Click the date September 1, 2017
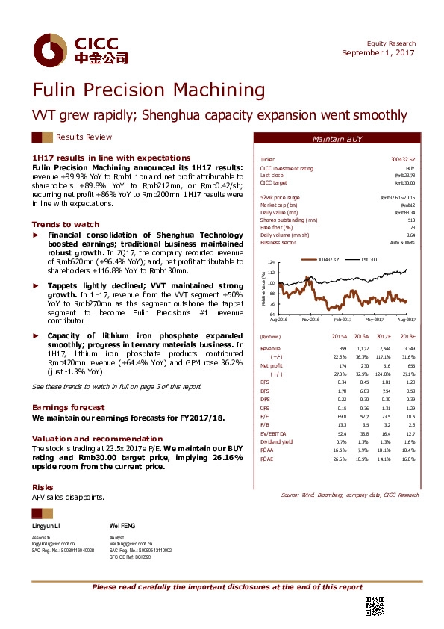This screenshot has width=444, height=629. click(378, 52)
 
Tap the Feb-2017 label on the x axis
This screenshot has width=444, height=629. click(343, 319)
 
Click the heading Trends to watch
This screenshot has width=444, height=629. click(65, 224)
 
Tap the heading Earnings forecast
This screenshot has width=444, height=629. click(68, 406)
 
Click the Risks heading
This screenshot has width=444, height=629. click(42, 486)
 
